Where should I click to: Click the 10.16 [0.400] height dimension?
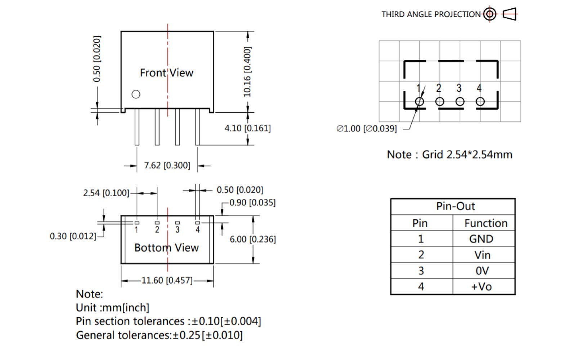pyautogui.click(x=247, y=71)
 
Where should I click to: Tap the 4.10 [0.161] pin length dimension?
pyautogui.click(x=247, y=128)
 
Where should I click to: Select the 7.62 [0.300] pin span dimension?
pyautogui.click(x=167, y=166)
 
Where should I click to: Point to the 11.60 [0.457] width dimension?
pyautogui.click(x=167, y=280)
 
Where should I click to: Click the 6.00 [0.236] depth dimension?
pyautogui.click(x=252, y=239)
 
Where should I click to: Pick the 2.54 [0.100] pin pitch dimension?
pyautogui.click(x=106, y=193)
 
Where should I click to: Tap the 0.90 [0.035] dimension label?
pyautogui.click(x=252, y=203)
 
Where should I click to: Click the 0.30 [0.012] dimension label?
pyautogui.click(x=73, y=237)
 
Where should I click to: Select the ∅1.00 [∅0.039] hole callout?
pyautogui.click(x=367, y=129)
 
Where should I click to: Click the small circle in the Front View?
pyautogui.click(x=136, y=94)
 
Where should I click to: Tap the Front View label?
pyautogui.click(x=166, y=73)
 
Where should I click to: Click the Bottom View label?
pyautogui.click(x=166, y=248)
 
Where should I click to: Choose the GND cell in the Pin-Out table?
pyautogui.click(x=481, y=239)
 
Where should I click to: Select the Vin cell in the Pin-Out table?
pyautogui.click(x=482, y=255)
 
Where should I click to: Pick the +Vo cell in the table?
pyautogui.click(x=481, y=287)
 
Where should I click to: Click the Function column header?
pyautogui.click(x=486, y=223)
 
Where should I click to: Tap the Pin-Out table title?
pyautogui.click(x=455, y=206)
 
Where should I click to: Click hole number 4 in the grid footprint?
pyautogui.click(x=480, y=102)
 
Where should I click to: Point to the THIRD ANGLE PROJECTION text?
pyautogui.click(x=431, y=14)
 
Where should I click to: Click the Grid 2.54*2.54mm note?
pyautogui.click(x=449, y=155)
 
